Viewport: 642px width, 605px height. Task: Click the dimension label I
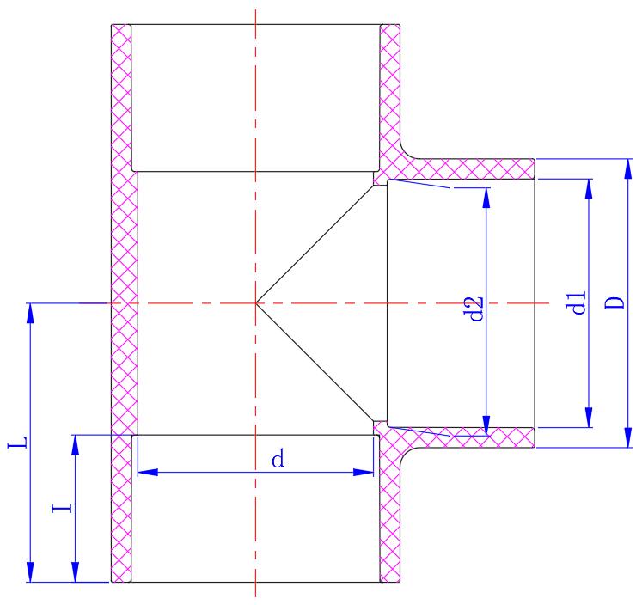click(62, 508)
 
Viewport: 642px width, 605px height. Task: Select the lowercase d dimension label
click(278, 460)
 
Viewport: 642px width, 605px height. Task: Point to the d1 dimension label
click(577, 302)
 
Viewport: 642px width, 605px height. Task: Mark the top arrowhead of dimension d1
click(589, 189)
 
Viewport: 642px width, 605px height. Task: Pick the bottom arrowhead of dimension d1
click(589, 418)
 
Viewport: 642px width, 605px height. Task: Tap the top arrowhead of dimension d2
click(486, 198)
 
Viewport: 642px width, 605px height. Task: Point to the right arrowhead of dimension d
click(364, 472)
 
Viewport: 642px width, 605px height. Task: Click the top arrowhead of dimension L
click(31, 313)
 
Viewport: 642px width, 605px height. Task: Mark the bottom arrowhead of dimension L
click(31, 572)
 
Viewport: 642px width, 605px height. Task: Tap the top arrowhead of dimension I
click(76, 445)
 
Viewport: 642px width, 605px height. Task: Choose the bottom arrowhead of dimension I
click(76, 572)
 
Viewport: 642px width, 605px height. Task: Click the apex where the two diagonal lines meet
click(256, 302)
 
